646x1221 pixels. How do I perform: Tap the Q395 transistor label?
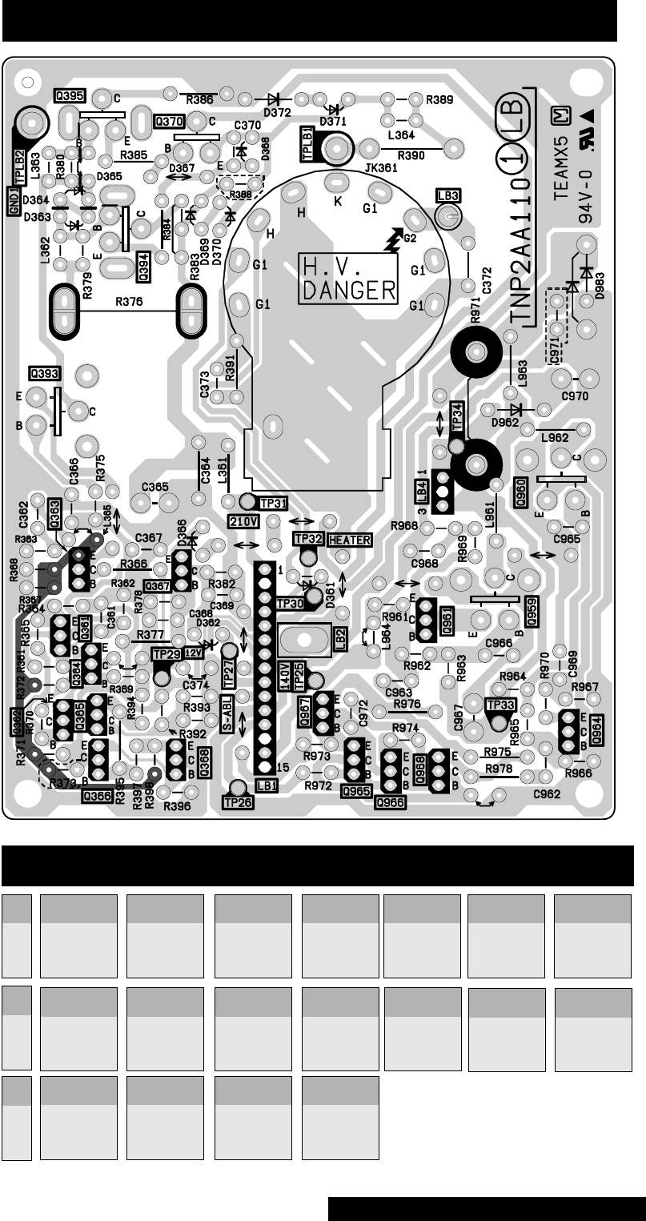70,94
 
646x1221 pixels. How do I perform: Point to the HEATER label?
349,540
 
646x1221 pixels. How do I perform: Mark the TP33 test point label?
500,705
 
